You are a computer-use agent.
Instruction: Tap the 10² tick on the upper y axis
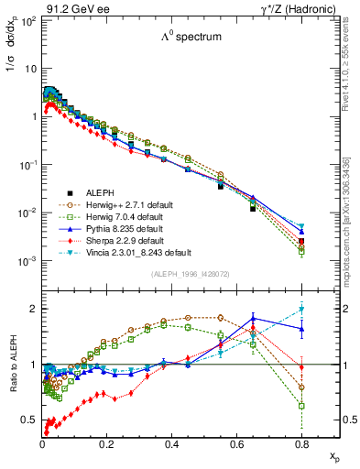(29, 20)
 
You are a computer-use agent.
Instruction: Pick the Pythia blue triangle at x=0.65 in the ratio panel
(254, 319)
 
